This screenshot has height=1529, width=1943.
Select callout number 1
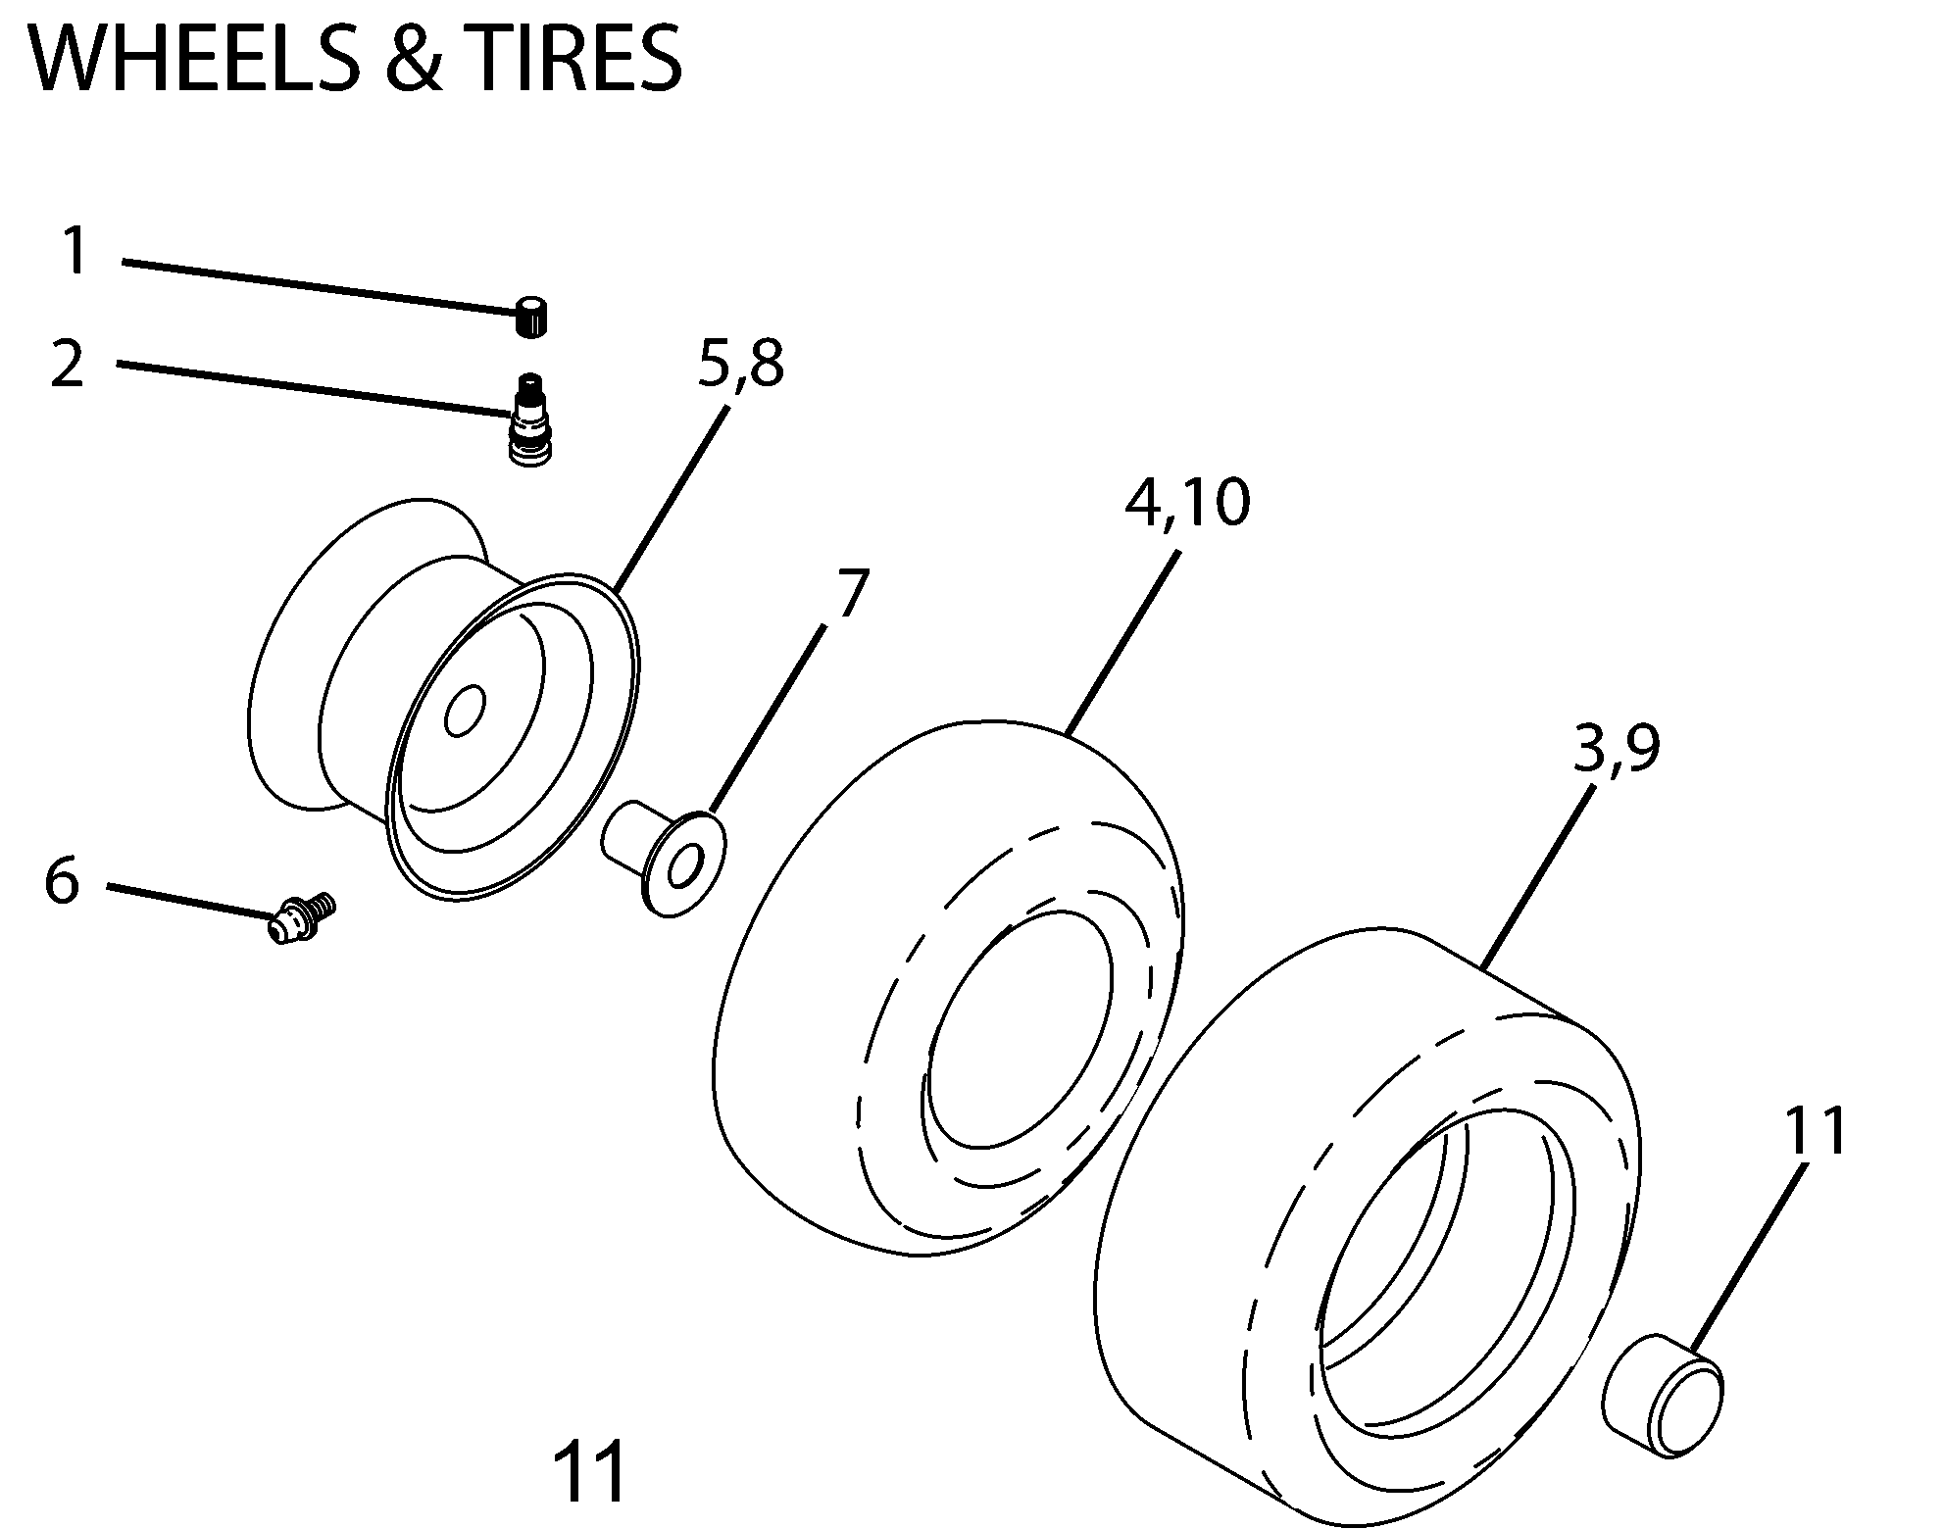75,251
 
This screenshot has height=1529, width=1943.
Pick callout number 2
68,364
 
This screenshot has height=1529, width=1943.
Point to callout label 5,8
740,365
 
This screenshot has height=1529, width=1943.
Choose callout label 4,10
1187,504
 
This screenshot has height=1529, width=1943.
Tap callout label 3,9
1616,749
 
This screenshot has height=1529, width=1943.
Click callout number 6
61,880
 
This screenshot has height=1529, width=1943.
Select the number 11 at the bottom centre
588,1472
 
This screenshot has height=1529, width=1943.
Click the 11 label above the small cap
1814,1131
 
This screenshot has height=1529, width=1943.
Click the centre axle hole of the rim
464,710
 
